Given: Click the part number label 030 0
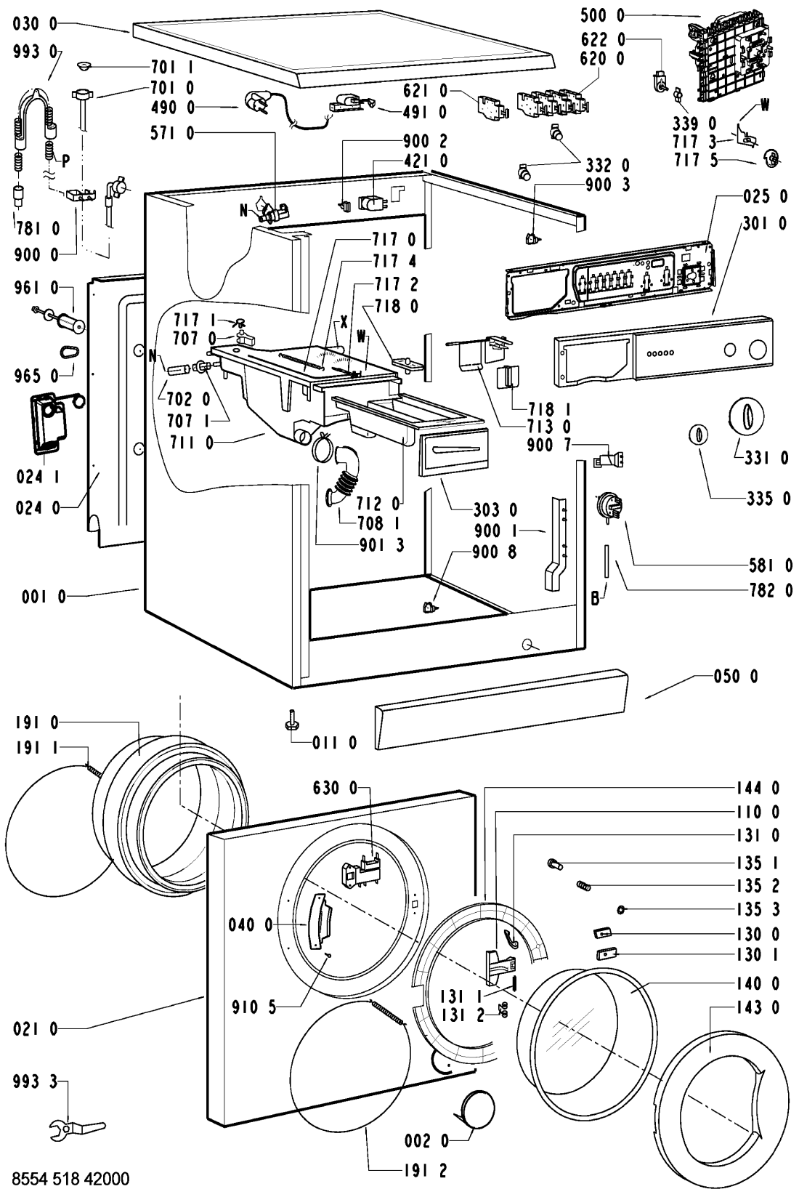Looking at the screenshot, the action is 36,24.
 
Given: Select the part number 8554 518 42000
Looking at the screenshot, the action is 70,1178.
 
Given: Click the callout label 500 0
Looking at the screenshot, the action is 603,16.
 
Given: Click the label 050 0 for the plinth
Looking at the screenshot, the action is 736,677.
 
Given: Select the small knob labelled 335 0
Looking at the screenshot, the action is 699,435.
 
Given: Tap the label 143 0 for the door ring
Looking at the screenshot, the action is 758,1007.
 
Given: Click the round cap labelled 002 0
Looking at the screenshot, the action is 477,1106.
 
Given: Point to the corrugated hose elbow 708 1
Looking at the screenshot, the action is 342,475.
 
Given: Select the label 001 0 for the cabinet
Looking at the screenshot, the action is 44,597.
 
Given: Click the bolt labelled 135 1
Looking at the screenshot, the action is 555,863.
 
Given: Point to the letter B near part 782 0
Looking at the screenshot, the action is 595,599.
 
